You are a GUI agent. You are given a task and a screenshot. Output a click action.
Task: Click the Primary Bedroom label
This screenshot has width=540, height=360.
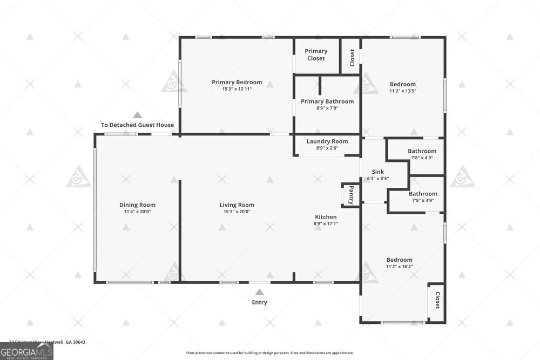click(237, 82)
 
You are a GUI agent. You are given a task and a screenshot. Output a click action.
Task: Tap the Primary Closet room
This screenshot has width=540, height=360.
click(316, 55)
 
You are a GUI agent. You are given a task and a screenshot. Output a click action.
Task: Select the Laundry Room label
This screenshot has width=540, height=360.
click(327, 141)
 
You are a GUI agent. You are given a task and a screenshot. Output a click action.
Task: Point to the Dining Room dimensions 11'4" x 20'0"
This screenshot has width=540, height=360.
click(137, 212)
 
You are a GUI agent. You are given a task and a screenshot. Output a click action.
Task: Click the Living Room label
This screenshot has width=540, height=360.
click(237, 205)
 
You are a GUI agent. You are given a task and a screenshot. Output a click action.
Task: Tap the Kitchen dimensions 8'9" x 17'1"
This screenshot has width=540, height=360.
click(326, 223)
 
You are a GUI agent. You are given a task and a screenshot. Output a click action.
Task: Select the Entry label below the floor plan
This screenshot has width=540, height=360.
click(259, 302)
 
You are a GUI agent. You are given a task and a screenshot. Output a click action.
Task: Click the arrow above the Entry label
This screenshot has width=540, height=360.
click(259, 292)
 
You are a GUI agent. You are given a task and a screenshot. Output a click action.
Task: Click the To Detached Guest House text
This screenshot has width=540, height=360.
click(137, 125)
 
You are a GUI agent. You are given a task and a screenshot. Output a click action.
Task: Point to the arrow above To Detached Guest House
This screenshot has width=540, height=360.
click(137, 115)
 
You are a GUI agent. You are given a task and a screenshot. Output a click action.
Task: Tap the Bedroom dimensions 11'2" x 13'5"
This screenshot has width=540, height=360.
click(403, 91)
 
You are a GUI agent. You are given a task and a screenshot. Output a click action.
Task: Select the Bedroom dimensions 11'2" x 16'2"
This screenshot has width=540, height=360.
click(399, 266)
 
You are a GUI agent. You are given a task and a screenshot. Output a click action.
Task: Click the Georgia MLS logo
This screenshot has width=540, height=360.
click(27, 351)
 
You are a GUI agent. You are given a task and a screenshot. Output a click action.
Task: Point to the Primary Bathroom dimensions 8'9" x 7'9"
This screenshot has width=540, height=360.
click(327, 108)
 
